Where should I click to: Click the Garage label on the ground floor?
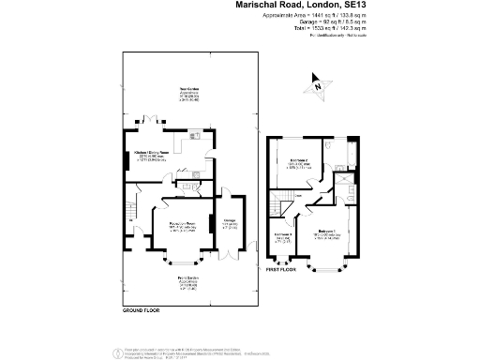(228, 223)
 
